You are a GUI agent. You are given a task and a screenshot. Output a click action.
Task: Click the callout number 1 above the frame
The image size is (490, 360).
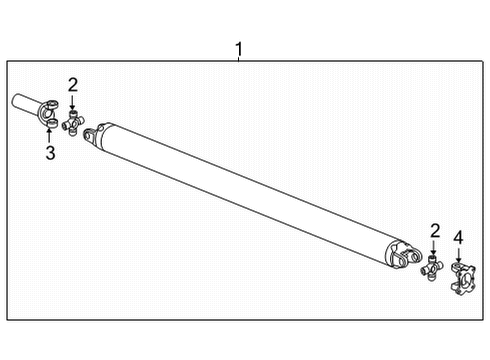click(238, 47)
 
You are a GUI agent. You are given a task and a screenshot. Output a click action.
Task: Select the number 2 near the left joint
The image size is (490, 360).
click(72, 84)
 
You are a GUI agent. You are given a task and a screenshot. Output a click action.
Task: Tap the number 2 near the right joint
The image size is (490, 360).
click(434, 231)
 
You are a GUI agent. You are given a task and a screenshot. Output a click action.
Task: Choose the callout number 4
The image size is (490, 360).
click(459, 237)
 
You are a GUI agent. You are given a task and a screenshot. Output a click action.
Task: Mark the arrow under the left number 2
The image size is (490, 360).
click(72, 102)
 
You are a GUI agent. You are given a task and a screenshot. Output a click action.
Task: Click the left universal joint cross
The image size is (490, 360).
click(72, 124)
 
